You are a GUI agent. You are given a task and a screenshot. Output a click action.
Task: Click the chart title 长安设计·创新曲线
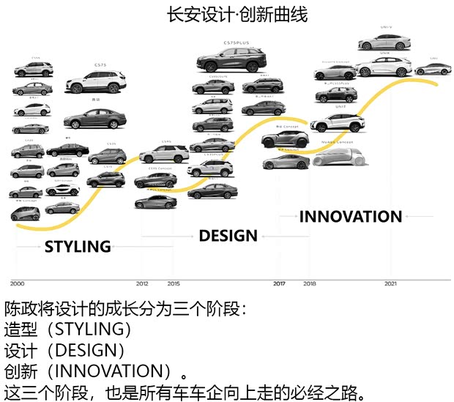click(227, 14)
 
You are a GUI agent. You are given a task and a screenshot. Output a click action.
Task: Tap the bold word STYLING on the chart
click(78, 247)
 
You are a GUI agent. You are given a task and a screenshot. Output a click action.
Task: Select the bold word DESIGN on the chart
click(228, 236)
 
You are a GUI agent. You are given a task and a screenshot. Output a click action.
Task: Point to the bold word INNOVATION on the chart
click(351, 217)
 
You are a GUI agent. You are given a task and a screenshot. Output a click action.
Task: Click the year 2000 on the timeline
click(17, 283)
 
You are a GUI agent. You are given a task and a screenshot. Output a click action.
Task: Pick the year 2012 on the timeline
click(142, 283)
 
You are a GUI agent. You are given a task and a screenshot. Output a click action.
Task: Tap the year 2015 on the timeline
click(174, 283)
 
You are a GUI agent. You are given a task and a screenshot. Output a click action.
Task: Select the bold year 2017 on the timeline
click(279, 283)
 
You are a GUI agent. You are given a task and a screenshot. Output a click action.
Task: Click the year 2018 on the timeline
click(310, 283)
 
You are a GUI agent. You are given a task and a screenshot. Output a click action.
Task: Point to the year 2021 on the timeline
click(391, 283)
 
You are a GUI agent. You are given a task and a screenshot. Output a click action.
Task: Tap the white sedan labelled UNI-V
click(384, 42)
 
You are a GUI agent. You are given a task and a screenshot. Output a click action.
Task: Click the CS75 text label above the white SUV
click(100, 65)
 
